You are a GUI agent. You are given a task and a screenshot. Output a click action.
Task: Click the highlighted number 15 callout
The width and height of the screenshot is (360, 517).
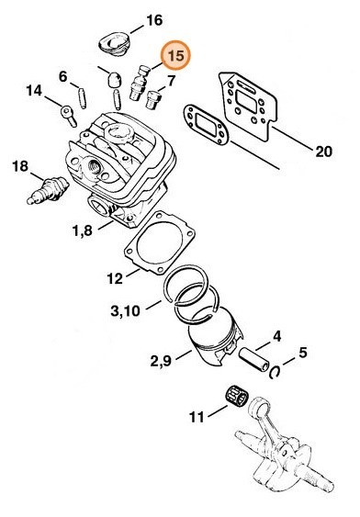[x=175, y=55]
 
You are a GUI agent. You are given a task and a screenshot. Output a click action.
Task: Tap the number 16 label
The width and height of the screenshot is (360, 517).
[x=154, y=20]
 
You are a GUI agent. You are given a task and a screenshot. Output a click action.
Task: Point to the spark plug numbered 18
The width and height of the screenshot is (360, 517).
[x=48, y=190]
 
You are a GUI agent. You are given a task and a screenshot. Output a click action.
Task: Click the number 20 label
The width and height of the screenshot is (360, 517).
[x=323, y=152]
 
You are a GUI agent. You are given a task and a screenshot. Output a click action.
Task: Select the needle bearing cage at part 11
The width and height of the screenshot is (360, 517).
[x=236, y=395]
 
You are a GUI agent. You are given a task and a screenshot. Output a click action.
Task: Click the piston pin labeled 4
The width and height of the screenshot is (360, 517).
[x=254, y=360]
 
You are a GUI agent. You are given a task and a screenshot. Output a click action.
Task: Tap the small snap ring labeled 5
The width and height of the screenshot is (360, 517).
[x=275, y=372]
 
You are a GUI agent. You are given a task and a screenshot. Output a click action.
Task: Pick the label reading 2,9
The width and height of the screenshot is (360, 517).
[x=161, y=361]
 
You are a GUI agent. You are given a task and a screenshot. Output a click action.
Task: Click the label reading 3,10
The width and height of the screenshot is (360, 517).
[x=125, y=310]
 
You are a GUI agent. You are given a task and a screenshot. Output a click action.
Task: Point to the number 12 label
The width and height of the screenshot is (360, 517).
[x=115, y=279]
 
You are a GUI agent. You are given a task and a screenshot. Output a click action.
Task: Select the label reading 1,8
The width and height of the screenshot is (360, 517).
[x=83, y=230]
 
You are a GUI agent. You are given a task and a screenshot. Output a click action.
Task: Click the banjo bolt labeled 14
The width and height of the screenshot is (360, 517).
[x=69, y=116]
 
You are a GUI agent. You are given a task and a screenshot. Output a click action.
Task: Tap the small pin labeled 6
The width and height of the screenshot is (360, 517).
[x=83, y=98]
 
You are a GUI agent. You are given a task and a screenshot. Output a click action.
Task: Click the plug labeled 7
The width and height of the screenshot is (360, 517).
[x=153, y=99]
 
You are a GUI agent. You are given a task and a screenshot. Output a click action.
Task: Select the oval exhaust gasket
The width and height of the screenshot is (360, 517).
[x=207, y=125]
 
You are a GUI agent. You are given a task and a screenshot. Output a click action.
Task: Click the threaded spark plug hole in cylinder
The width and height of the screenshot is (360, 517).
[x=95, y=165]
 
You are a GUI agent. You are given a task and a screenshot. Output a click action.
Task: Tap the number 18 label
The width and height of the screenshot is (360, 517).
[x=20, y=166]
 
